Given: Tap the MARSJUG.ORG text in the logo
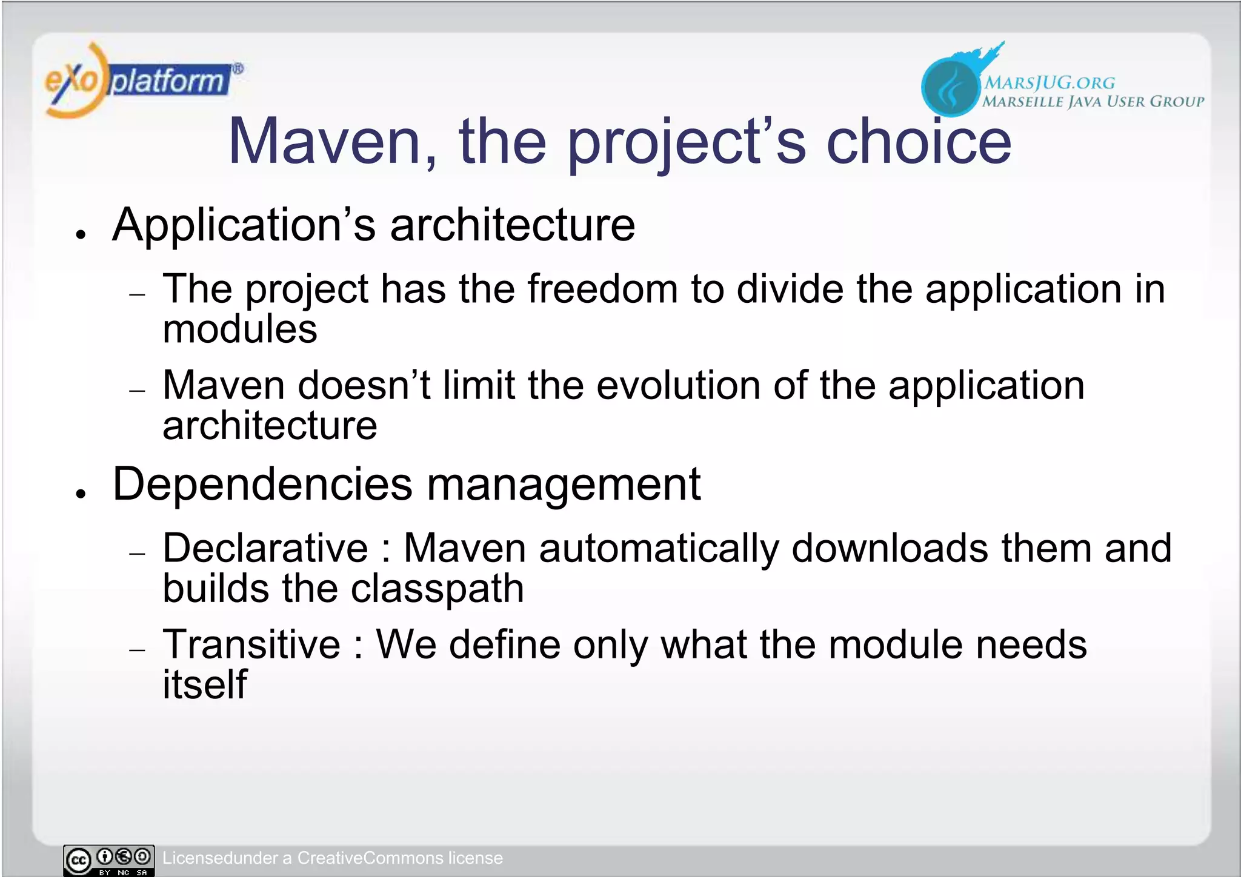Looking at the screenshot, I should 1049,82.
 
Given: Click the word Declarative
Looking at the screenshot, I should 265,548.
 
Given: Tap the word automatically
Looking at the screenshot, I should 659,548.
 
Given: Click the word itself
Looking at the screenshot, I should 205,684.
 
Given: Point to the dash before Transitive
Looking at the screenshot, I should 138,650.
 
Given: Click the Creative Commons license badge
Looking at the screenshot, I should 109,860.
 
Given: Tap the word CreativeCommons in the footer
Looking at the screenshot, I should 370,858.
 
